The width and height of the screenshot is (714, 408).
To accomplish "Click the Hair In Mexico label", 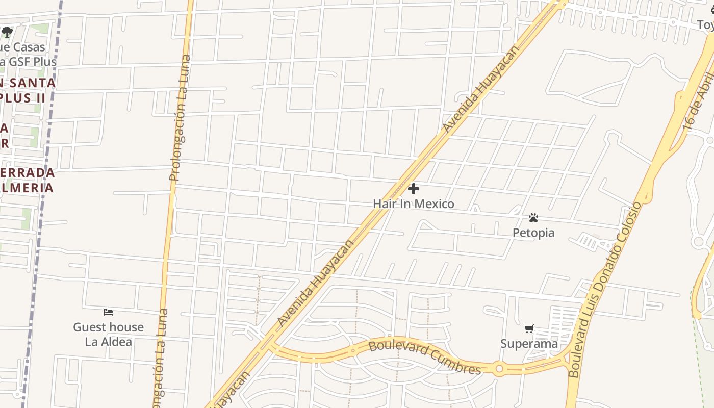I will [x=413, y=204].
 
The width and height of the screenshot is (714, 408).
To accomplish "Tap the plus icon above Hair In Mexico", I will [x=414, y=189].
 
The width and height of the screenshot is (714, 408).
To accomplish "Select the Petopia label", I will [x=533, y=233].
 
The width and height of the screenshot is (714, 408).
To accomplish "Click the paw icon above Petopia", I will [x=533, y=218].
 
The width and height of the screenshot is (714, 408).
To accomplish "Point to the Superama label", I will [x=529, y=344].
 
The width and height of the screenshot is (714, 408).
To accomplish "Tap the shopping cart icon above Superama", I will [x=529, y=329].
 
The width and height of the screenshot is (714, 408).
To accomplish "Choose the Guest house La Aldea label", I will [x=108, y=334].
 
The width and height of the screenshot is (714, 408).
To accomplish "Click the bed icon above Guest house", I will [x=108, y=312].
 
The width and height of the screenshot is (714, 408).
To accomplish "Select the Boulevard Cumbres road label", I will [x=424, y=356].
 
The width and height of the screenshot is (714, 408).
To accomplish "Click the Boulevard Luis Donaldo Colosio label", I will [x=605, y=290].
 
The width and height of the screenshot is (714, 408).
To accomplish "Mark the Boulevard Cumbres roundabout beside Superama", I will [x=499, y=368].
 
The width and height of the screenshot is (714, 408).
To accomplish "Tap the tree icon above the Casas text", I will [x=7, y=32].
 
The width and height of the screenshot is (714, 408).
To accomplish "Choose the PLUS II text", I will [x=23, y=97].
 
